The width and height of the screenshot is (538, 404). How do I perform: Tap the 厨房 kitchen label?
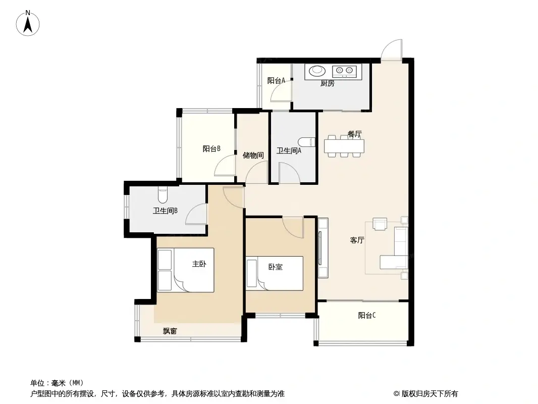point(327,84)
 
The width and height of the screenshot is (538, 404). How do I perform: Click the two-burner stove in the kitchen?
point(346,71)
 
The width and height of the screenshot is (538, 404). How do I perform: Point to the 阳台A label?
point(276,80)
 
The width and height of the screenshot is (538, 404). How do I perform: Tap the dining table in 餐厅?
point(345,145)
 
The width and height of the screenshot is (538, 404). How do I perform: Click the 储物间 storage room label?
point(253,155)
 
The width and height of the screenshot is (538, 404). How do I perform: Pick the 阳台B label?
point(211,149)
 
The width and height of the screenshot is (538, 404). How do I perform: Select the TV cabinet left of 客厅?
point(323,247)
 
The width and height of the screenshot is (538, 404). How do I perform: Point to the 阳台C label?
point(367,316)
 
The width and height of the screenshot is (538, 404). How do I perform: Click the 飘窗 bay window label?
point(170,332)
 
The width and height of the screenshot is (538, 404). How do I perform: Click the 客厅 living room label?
point(357,240)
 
